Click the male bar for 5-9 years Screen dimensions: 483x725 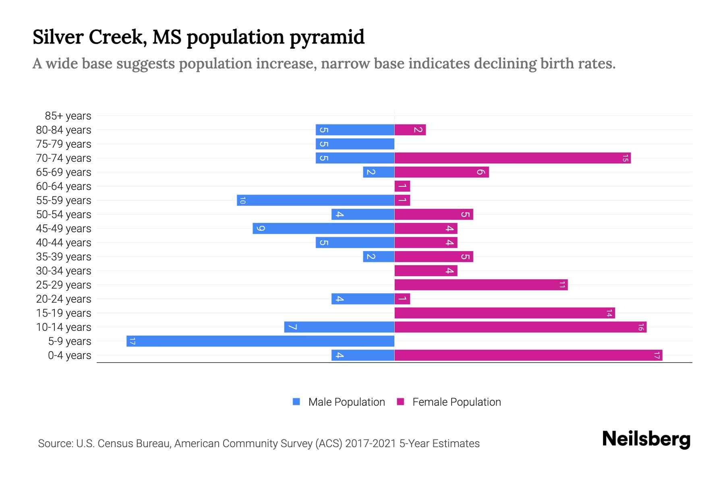(x=260, y=341)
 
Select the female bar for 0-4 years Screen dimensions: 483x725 (x=528, y=355)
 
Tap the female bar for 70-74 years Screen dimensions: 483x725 (x=512, y=158)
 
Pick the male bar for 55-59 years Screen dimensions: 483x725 (x=315, y=200)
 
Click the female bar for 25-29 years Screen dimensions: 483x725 (x=481, y=285)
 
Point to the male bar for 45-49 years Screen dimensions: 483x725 (x=323, y=229)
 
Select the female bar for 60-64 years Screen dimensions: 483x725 (x=402, y=186)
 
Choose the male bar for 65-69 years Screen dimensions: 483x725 (x=379, y=172)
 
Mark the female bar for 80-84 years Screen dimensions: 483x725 (x=410, y=130)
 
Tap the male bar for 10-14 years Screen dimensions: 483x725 (x=339, y=327)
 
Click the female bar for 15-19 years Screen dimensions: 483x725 (x=505, y=313)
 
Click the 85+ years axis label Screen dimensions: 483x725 (x=68, y=116)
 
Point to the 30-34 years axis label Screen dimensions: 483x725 (x=64, y=271)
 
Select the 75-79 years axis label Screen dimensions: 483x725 (x=64, y=144)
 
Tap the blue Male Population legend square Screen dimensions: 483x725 (x=296, y=402)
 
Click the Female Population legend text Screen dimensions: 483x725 (x=456, y=402)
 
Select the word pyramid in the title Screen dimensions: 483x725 (x=327, y=37)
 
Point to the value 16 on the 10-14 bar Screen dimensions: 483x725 (x=640, y=327)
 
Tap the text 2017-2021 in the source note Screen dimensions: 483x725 (x=370, y=444)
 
